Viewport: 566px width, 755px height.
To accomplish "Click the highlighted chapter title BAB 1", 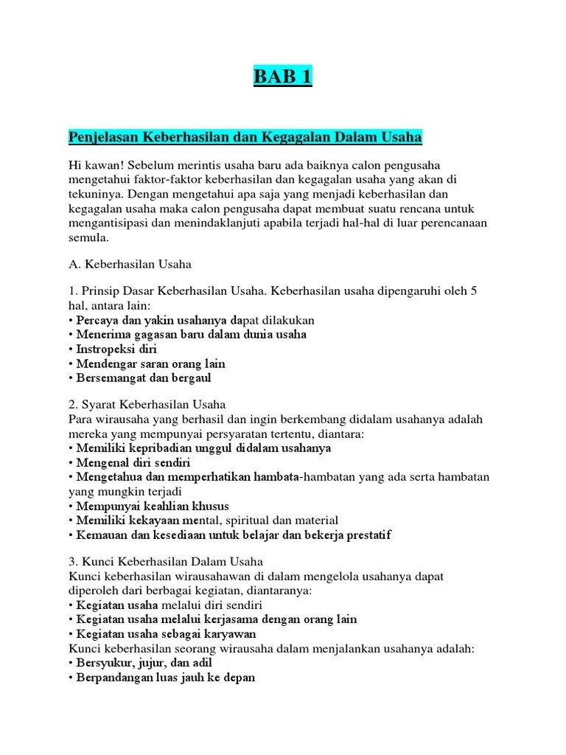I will (282, 76).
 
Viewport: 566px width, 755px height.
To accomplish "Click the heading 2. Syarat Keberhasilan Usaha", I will (147, 405).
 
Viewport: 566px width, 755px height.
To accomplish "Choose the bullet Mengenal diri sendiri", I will (133, 462).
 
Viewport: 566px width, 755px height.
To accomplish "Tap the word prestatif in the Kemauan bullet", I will (366, 535).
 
